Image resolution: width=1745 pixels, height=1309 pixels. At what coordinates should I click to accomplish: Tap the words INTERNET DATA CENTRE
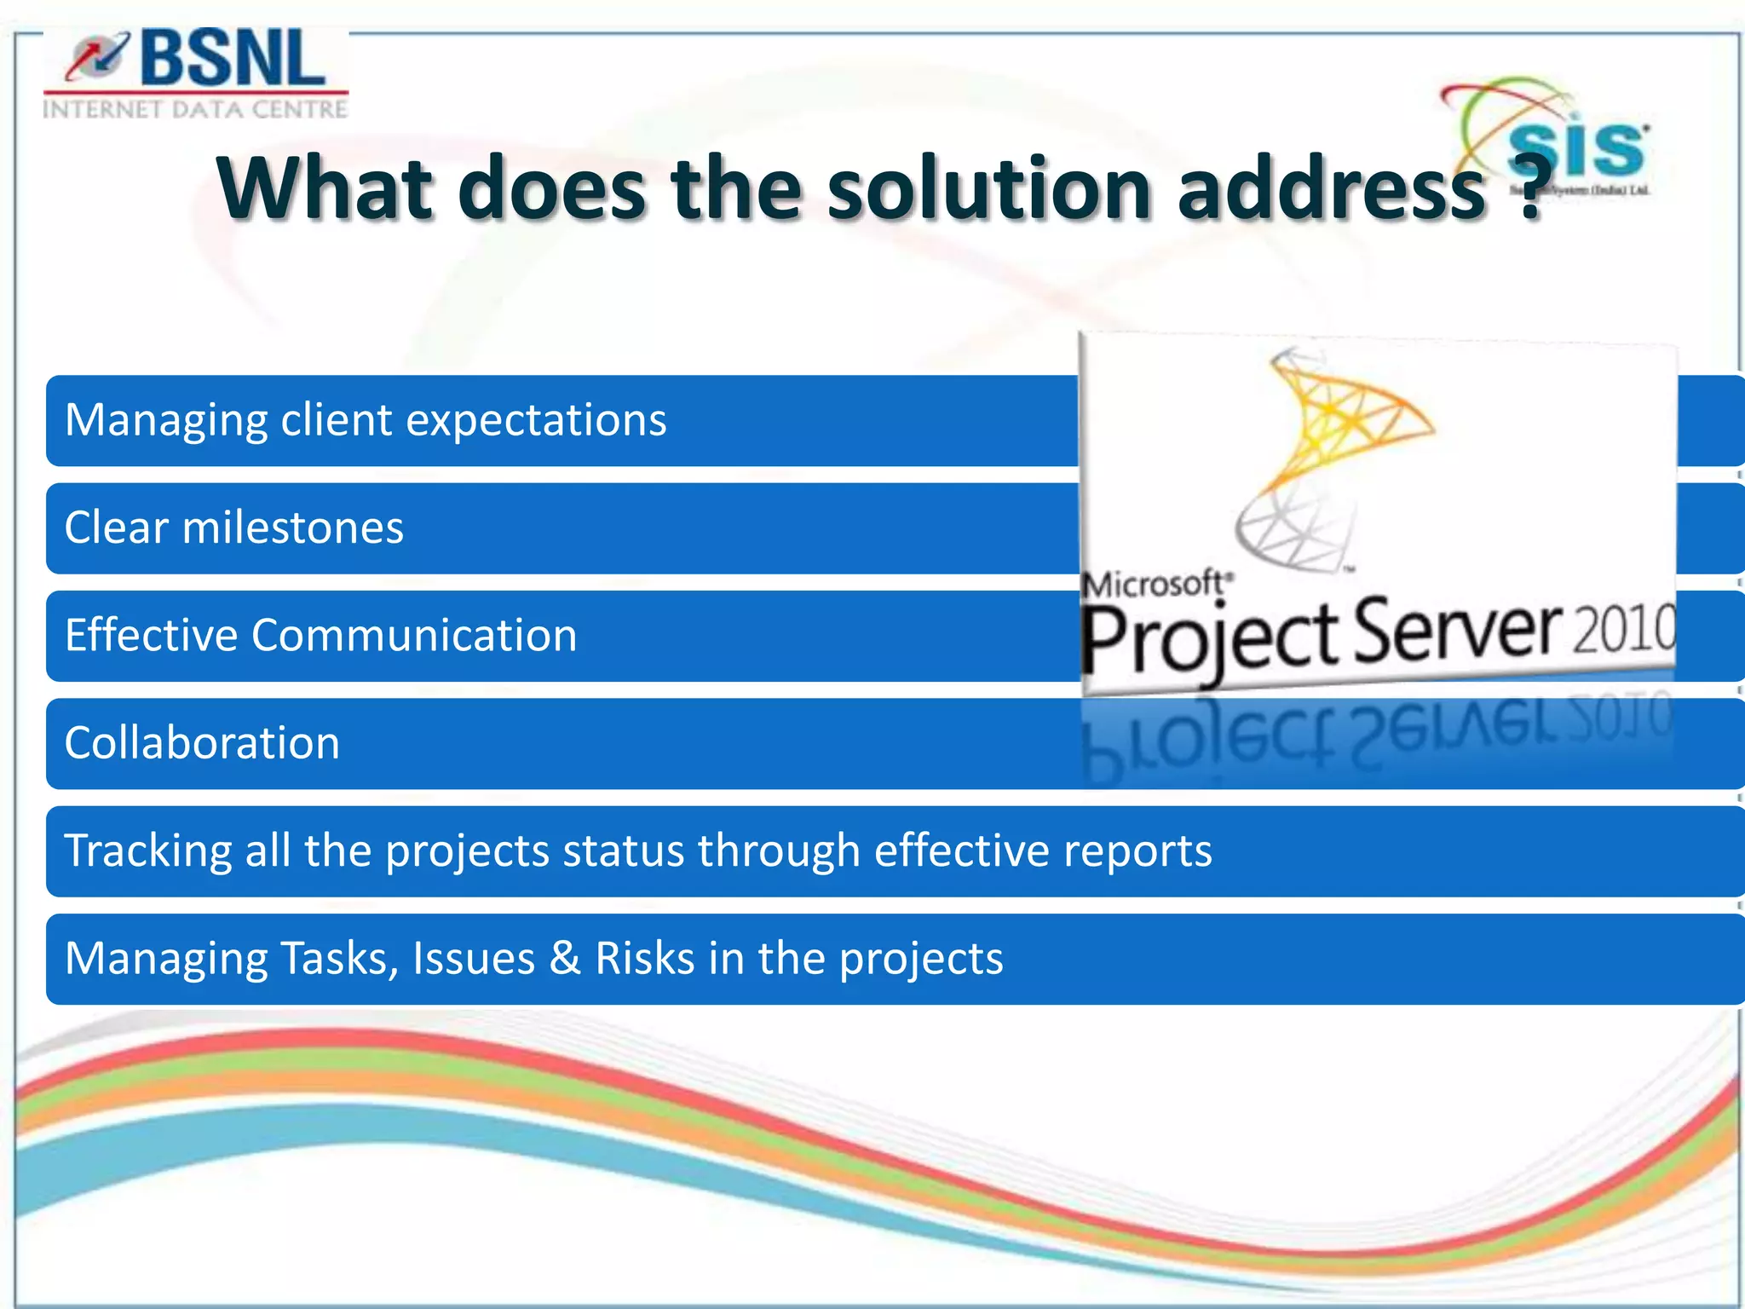point(195,109)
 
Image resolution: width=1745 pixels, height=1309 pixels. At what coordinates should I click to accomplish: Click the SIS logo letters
point(1576,150)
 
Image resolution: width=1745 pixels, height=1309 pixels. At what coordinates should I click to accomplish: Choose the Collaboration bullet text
point(202,743)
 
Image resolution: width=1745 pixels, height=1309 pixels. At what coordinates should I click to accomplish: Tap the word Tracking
point(147,851)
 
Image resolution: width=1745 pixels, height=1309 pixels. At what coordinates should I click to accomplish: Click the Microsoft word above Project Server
point(1155,585)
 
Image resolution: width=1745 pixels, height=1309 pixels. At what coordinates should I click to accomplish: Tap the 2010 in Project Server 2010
point(1624,629)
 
